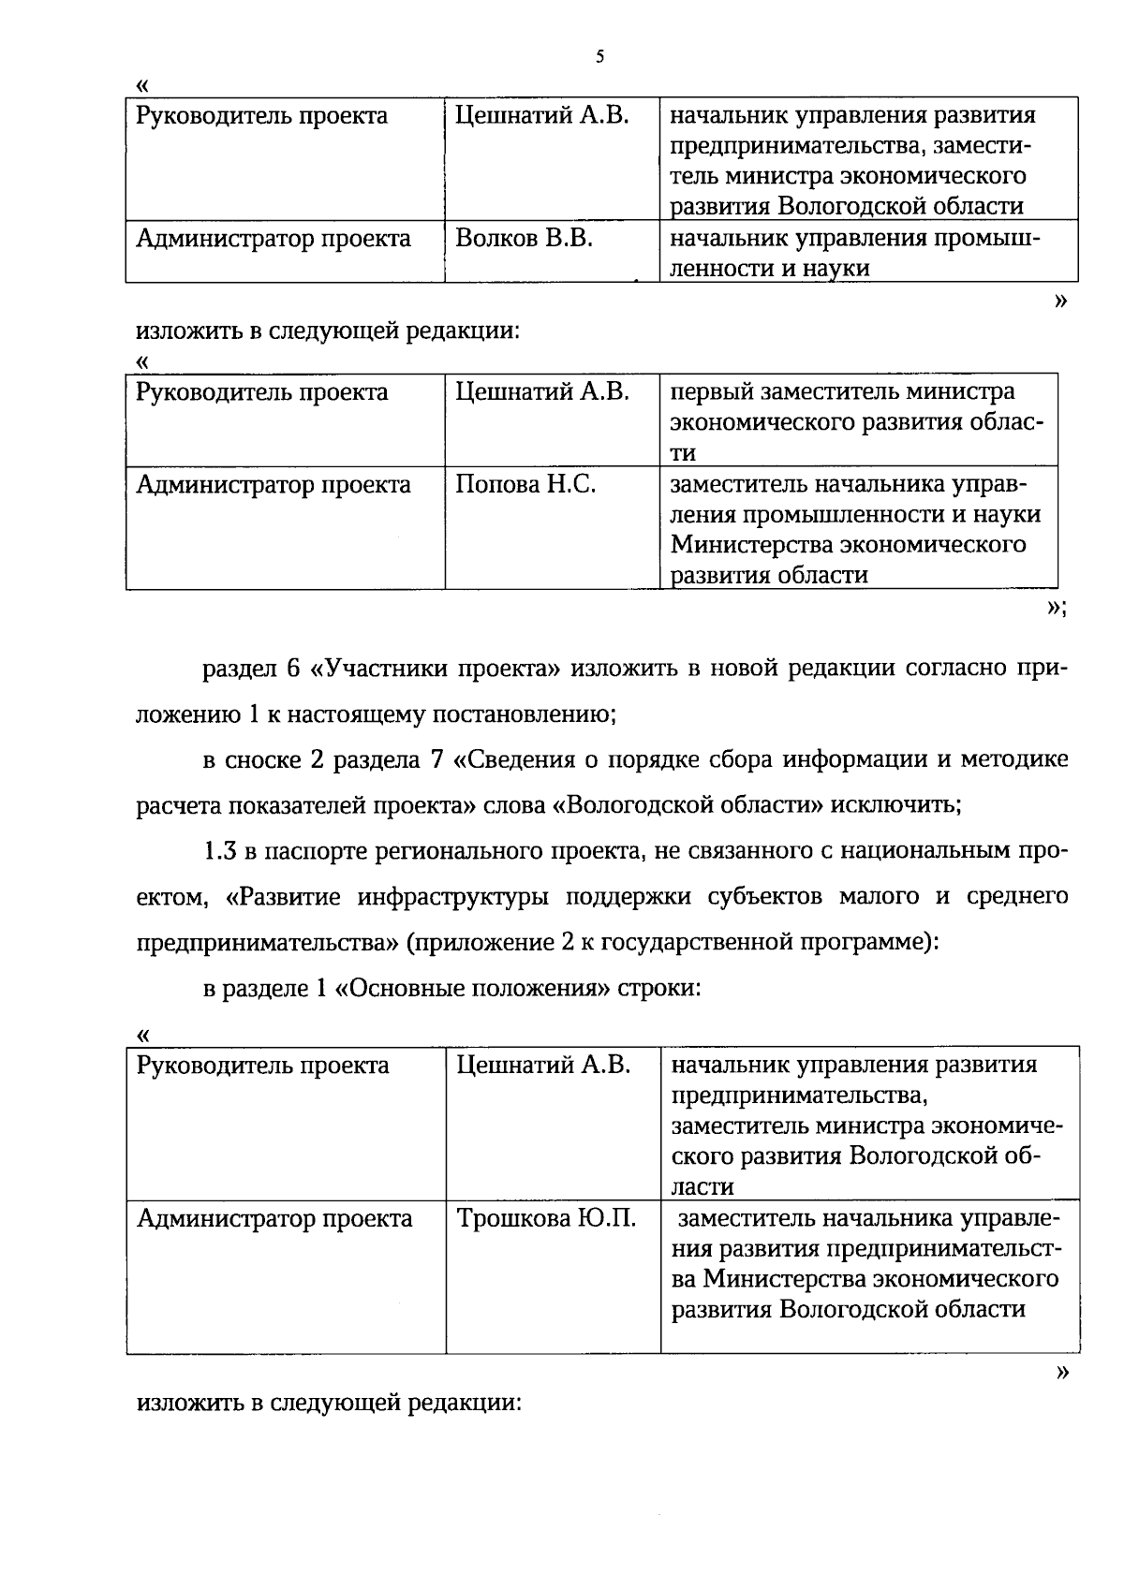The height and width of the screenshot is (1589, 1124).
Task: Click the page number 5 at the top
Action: pos(600,57)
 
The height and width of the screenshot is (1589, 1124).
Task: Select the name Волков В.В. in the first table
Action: pos(524,239)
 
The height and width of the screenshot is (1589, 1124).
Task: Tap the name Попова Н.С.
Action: pos(525,485)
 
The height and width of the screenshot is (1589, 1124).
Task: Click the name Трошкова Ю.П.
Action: pos(546,1218)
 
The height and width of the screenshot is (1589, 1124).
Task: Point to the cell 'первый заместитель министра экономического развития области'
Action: pos(856,422)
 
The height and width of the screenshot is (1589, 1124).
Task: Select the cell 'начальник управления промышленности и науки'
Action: pos(854,254)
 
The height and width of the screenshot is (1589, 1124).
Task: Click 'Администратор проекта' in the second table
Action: pos(274,485)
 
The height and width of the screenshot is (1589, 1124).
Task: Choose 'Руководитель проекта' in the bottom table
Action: pos(263,1066)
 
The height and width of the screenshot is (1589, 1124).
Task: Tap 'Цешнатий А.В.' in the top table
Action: pos(541,116)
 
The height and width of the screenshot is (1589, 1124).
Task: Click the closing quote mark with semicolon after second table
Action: pos(1057,608)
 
